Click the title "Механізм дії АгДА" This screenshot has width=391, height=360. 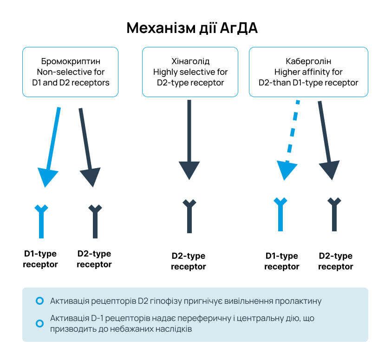(x=192, y=28)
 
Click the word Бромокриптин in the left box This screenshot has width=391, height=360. (x=71, y=61)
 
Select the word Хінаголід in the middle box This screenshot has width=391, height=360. (x=190, y=61)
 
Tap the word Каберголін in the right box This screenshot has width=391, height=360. (x=308, y=61)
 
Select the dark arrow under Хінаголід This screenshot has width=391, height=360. (x=189, y=139)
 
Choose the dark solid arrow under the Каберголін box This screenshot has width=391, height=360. (x=327, y=139)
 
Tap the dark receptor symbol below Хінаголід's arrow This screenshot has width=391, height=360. (x=189, y=216)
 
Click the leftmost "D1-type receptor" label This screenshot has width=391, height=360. (x=40, y=259)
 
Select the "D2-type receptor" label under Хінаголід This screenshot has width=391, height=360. (x=188, y=262)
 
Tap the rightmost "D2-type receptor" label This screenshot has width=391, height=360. (x=335, y=262)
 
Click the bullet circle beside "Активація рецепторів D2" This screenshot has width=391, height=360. (x=39, y=301)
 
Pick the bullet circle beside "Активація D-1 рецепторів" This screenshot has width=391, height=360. (x=39, y=323)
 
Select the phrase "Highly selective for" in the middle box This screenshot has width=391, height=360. (x=190, y=72)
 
